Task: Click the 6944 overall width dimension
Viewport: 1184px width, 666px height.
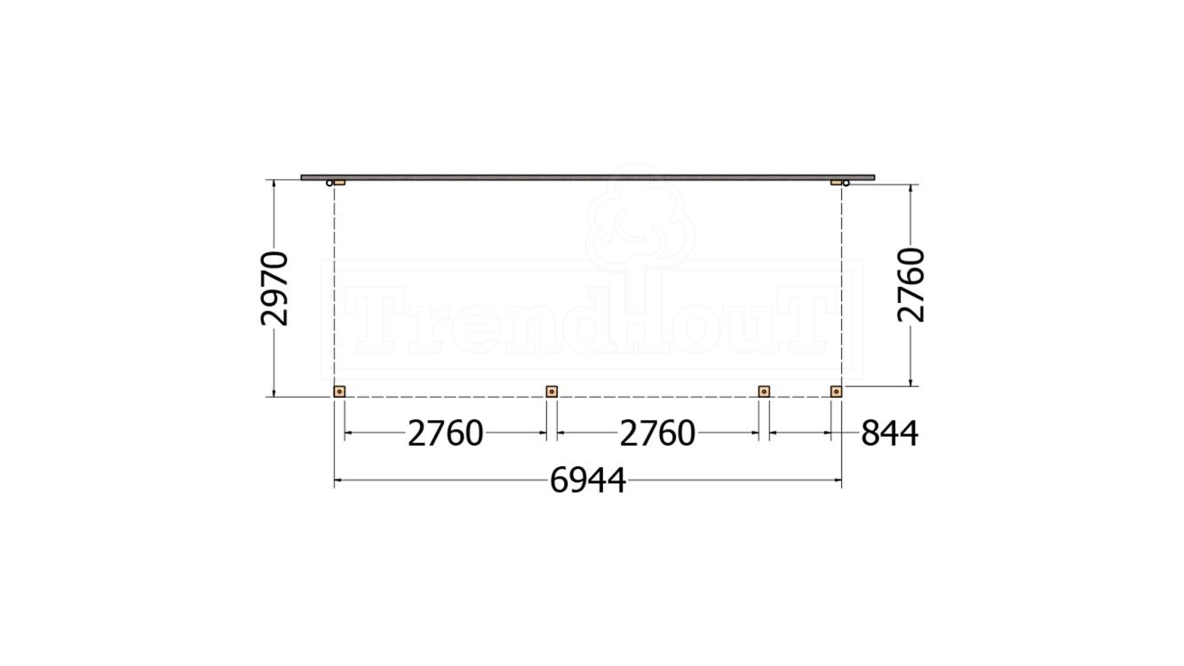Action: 587,481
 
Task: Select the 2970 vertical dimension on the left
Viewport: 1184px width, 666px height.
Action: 275,289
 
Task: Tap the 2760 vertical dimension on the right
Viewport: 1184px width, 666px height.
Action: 912,285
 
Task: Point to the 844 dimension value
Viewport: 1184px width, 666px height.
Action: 888,434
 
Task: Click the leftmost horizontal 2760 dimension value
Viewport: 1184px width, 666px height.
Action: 445,434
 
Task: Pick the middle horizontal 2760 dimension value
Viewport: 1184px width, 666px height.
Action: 657,434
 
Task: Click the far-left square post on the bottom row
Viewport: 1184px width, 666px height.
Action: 339,391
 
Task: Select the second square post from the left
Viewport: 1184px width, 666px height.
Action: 552,391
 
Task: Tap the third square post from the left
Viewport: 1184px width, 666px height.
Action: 764,391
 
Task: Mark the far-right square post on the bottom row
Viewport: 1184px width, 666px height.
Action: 836,391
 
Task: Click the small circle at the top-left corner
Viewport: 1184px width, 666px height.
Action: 330,183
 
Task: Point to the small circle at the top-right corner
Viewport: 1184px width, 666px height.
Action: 846,183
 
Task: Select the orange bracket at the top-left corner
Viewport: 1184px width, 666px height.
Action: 339,182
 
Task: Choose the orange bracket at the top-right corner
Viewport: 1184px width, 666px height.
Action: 836,182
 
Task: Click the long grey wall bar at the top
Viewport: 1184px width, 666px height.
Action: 587,177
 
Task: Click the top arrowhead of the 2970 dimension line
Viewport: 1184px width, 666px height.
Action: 274,183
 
